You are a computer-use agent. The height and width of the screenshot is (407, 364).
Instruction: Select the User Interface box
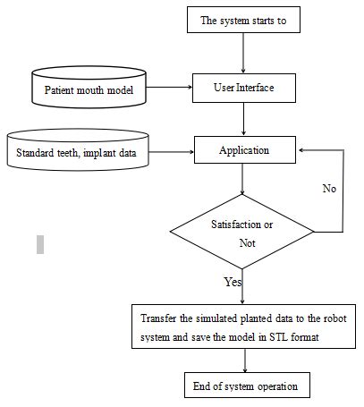242,89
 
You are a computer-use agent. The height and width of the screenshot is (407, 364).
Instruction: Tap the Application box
242,150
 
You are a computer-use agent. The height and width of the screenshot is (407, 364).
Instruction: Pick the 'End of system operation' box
242,386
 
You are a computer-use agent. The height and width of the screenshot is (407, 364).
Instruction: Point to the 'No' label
328,190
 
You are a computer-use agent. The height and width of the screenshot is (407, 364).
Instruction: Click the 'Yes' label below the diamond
233,282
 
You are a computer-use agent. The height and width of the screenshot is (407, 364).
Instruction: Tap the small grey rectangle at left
40,243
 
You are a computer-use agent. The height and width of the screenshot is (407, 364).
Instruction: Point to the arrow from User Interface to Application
242,118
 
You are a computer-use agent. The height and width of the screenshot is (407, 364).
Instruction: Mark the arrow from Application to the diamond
242,180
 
